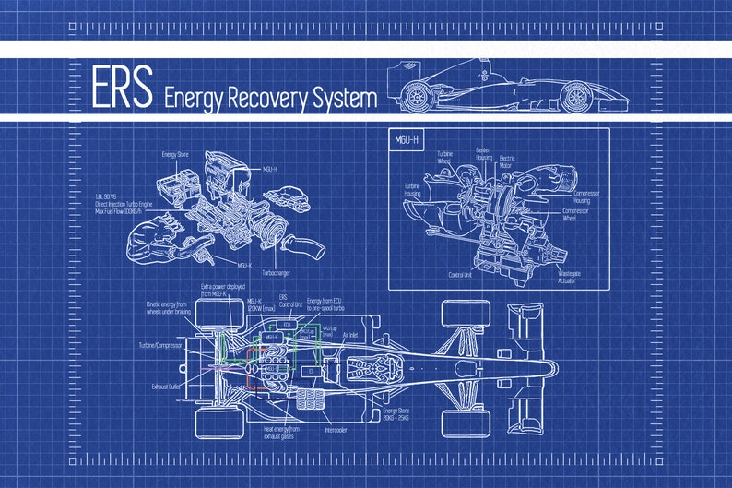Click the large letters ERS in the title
click(x=121, y=88)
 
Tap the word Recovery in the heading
click(x=263, y=97)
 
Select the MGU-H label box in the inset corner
click(x=407, y=140)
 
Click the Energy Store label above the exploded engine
click(x=175, y=154)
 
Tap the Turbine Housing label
click(x=411, y=189)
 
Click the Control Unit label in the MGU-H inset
click(x=461, y=274)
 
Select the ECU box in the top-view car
click(x=287, y=325)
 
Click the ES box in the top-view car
click(x=311, y=371)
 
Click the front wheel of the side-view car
click(x=575, y=95)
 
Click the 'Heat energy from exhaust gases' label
click(x=281, y=431)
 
